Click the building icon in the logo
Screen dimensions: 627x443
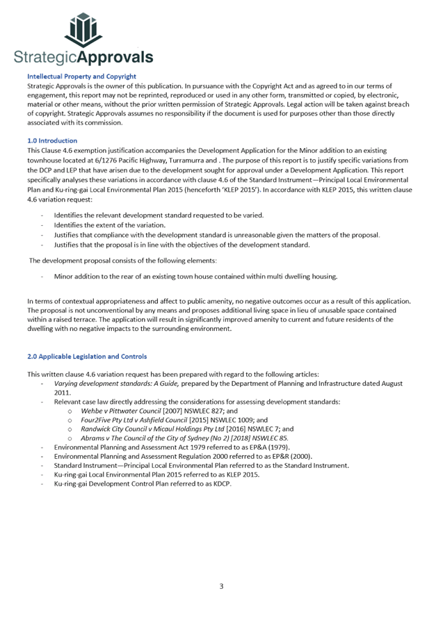click(x=83, y=30)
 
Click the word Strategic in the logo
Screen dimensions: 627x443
click(x=42, y=57)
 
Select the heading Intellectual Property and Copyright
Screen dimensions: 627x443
click(x=81, y=76)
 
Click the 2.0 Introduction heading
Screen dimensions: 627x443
click(x=51, y=140)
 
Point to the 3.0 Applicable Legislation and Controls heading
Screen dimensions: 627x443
click(x=87, y=357)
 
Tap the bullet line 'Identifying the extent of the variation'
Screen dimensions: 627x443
click(x=110, y=225)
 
